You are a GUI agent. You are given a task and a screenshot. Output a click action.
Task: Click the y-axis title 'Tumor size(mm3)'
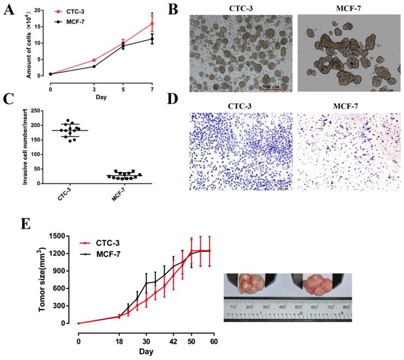point(42,279)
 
